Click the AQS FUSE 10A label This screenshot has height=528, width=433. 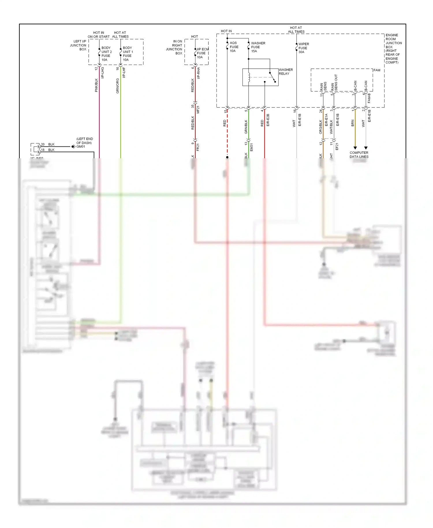point(234,47)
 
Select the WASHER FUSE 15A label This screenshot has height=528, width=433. point(258,47)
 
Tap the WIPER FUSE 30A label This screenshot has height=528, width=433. point(303,48)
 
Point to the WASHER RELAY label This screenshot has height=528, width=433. point(285,72)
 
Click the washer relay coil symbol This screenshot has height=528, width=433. point(249,77)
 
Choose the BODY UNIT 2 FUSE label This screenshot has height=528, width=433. point(106,54)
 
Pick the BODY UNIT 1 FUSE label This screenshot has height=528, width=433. point(128,54)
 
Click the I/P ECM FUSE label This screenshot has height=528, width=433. point(202,53)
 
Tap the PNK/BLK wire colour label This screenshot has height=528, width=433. point(96,85)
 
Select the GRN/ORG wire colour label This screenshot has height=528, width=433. point(117,86)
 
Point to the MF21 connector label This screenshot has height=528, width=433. point(198,109)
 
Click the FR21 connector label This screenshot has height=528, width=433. point(198,147)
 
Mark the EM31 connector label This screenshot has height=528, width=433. point(251,147)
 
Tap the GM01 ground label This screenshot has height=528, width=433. point(81,147)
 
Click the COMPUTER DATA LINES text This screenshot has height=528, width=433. point(359,155)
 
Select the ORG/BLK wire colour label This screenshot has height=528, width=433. point(320,127)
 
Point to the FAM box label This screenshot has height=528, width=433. point(377,70)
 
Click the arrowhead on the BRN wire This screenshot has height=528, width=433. point(355,148)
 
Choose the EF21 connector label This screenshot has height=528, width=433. point(337,146)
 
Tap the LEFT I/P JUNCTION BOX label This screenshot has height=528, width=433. point(78,45)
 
